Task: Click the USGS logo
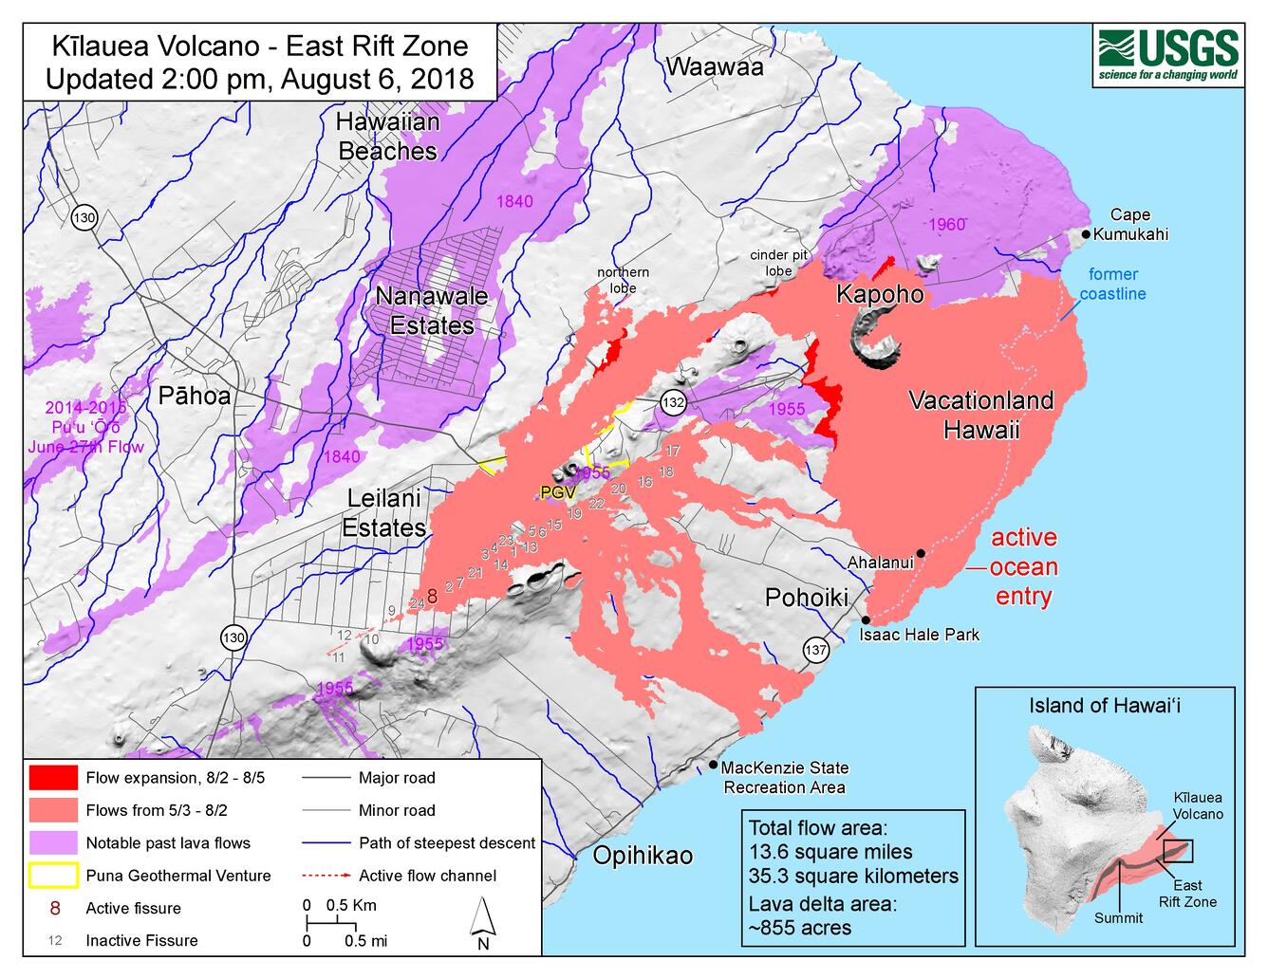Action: tap(1168, 55)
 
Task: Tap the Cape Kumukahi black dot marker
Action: tap(1085, 233)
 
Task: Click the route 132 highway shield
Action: tap(673, 402)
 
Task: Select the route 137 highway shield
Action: tap(815, 650)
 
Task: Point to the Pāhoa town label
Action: tap(194, 396)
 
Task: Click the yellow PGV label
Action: tap(558, 491)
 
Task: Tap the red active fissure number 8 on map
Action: tap(432, 597)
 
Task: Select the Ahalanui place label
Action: tap(880, 563)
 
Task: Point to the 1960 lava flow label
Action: tap(946, 224)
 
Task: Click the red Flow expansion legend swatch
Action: tap(52, 778)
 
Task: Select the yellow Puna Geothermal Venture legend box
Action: tap(52, 876)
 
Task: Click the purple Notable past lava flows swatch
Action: tap(52, 842)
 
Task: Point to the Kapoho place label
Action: tap(879, 294)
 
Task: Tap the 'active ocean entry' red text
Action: tap(1023, 566)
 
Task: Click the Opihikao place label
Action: tap(643, 855)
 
